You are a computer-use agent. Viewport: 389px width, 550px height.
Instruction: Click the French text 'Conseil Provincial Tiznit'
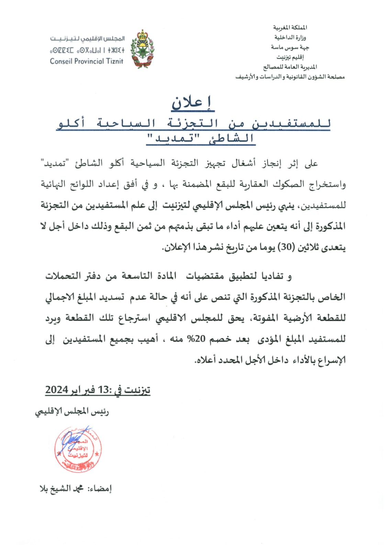pyautogui.click(x=87, y=62)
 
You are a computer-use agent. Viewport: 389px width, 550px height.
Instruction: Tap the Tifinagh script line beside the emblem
pyautogui.click(x=87, y=50)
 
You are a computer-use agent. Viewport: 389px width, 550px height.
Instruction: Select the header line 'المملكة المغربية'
pyautogui.click(x=290, y=27)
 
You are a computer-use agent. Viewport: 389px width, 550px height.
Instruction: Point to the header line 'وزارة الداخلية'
pyautogui.click(x=290, y=37)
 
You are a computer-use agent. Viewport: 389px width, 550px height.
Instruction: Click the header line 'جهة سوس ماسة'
pyautogui.click(x=290, y=47)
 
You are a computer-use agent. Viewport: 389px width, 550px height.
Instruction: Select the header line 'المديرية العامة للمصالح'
pyautogui.click(x=290, y=67)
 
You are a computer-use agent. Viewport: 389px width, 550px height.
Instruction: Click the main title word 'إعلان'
pyautogui.click(x=192, y=103)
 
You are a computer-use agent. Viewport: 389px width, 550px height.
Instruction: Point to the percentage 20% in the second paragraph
pyautogui.click(x=196, y=339)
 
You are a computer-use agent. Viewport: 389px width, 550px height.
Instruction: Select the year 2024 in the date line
pyautogui.click(x=57, y=390)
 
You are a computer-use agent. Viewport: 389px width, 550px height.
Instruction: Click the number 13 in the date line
pyautogui.click(x=103, y=390)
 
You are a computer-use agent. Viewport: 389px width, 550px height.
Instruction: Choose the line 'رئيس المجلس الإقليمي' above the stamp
pyautogui.click(x=72, y=411)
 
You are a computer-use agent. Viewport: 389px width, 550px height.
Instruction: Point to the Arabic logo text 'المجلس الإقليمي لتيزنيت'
pyautogui.click(x=87, y=39)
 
